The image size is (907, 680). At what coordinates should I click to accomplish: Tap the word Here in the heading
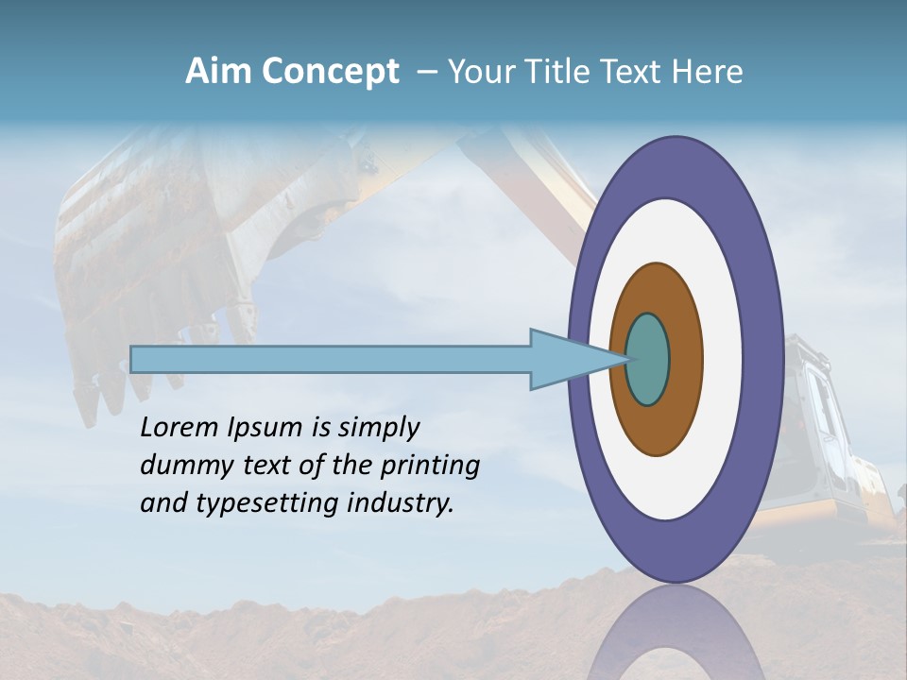click(709, 72)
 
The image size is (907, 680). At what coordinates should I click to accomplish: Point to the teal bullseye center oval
click(647, 360)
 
